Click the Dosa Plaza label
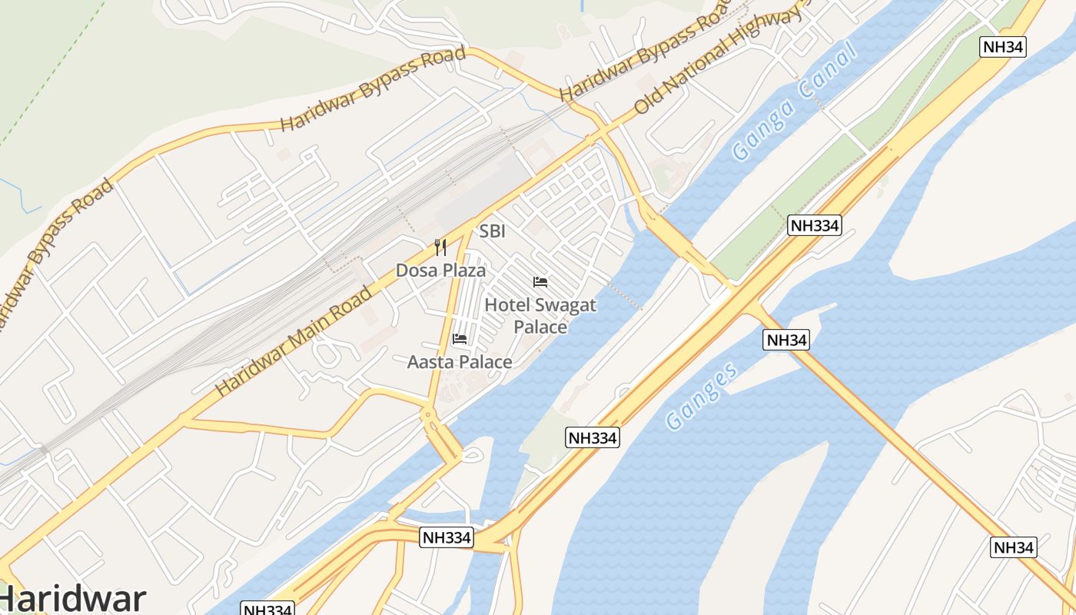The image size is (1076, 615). click(x=440, y=270)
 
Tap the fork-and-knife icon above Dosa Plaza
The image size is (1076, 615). click(x=440, y=248)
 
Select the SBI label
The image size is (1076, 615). click(x=493, y=231)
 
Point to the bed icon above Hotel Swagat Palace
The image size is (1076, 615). click(x=540, y=282)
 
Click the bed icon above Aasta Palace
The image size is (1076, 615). click(x=460, y=338)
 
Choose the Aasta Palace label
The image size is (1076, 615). click(x=460, y=361)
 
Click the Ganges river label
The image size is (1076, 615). click(x=702, y=395)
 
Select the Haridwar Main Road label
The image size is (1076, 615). click(x=294, y=340)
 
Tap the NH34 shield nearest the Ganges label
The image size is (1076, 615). click(x=786, y=340)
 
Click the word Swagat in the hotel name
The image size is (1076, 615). click(x=565, y=305)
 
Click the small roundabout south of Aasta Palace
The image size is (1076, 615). click(x=428, y=416)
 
